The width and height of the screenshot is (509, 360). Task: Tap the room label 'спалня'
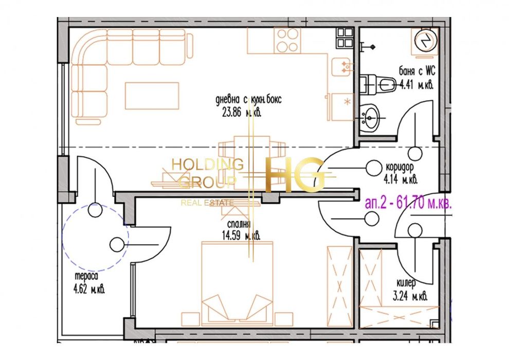pyautogui.click(x=238, y=224)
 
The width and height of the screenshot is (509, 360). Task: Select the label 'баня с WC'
pyautogui.click(x=416, y=71)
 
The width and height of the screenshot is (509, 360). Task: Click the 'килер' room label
pyautogui.click(x=406, y=283)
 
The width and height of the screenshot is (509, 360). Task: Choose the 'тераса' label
pyautogui.click(x=86, y=277)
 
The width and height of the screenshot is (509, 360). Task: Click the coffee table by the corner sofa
pyautogui.click(x=152, y=96)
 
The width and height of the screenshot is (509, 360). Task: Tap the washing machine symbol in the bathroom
pyautogui.click(x=425, y=40)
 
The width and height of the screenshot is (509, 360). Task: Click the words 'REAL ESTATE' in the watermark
pyautogui.click(x=207, y=203)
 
